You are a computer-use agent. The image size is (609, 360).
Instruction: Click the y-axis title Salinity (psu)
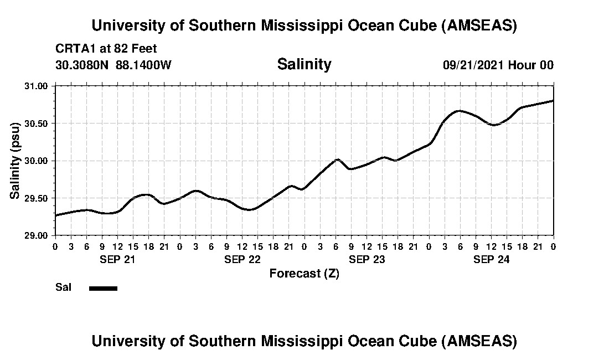point(16,161)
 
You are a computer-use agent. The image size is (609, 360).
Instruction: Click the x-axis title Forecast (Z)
point(304,274)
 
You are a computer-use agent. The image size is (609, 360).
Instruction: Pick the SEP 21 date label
point(117,259)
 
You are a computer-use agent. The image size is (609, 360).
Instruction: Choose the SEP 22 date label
point(242,259)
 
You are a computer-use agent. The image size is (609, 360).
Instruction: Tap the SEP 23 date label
point(367,259)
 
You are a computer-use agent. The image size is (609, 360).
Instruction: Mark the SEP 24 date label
point(491,259)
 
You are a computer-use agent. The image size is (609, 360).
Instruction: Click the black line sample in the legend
point(103,288)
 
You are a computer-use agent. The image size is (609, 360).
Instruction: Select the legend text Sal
point(62,287)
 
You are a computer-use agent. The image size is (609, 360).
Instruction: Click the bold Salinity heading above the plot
point(304,64)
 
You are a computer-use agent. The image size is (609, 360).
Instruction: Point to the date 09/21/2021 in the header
point(474,65)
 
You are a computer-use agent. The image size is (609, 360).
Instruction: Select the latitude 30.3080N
point(82,65)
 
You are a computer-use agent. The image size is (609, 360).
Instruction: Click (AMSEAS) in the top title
point(479,25)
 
